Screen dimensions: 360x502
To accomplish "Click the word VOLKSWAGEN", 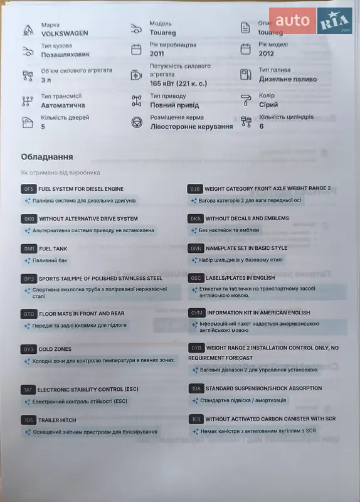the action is pyautogui.click(x=65, y=33).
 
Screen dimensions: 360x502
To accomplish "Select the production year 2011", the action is pyautogui.click(x=158, y=54).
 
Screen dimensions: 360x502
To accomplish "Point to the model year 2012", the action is pyautogui.click(x=267, y=54).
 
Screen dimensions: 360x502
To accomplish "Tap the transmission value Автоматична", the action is pyautogui.click(x=63, y=105).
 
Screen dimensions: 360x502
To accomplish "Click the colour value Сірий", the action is pyautogui.click(x=268, y=105).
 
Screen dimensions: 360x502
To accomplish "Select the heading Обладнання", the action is pyautogui.click(x=46, y=157).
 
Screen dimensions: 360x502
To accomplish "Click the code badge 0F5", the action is pyautogui.click(x=28, y=189).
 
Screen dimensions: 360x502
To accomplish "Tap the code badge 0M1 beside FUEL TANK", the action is pyautogui.click(x=28, y=249).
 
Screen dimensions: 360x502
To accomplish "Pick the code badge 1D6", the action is pyautogui.click(x=28, y=420).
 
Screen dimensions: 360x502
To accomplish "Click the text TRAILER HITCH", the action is pyautogui.click(x=57, y=420).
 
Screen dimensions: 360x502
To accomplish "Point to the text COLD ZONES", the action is pyautogui.click(x=55, y=350).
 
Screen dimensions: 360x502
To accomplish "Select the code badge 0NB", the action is pyautogui.click(x=196, y=248).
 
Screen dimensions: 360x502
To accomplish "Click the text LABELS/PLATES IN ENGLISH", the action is pyautogui.click(x=240, y=278).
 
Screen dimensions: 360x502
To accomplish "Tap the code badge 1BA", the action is pyautogui.click(x=196, y=389).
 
